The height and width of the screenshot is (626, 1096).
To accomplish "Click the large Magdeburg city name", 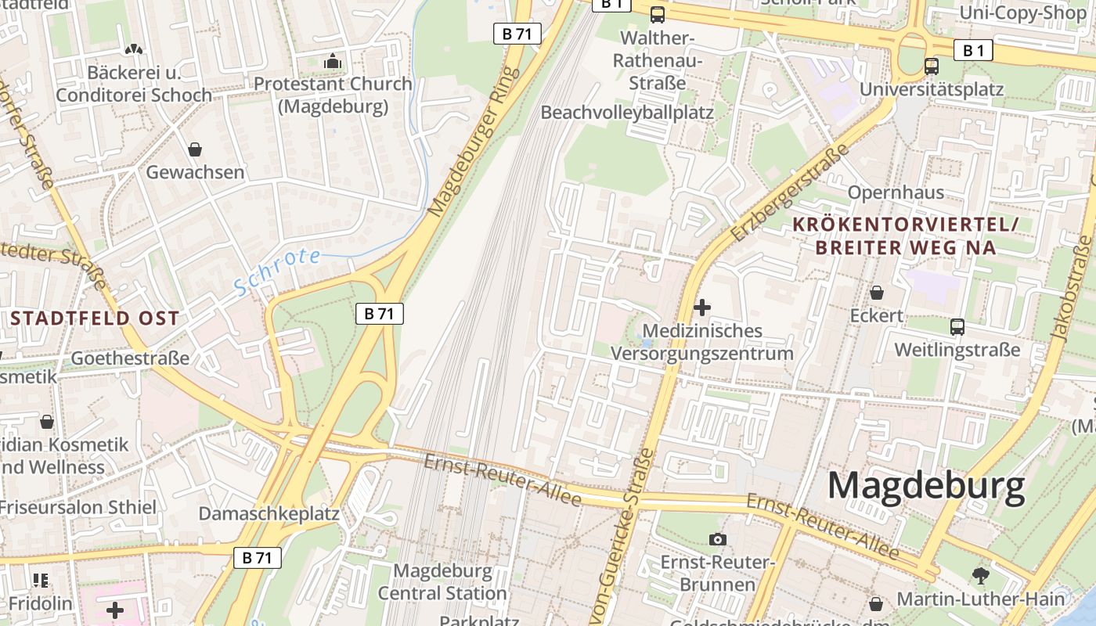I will (x=926, y=486).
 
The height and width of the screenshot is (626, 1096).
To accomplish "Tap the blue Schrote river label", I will (x=278, y=271).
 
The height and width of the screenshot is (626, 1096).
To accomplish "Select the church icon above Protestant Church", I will (x=333, y=61).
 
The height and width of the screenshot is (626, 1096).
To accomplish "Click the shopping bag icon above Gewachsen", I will (x=194, y=149).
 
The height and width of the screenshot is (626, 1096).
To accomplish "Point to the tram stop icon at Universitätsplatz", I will (x=931, y=67).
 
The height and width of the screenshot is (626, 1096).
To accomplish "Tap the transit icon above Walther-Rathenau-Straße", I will (x=658, y=14).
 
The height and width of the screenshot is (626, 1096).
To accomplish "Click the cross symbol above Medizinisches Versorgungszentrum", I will (x=702, y=308).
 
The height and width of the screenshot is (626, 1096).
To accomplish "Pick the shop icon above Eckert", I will (x=877, y=293).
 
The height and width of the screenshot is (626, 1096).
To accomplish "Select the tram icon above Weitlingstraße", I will (x=957, y=326).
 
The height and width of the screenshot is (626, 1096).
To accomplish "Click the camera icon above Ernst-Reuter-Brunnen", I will (x=717, y=539).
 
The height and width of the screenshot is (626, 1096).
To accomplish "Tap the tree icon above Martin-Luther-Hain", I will (x=980, y=577).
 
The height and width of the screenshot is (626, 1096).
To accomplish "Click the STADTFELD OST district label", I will (x=95, y=318).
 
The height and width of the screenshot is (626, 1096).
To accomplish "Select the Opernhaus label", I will (x=896, y=192).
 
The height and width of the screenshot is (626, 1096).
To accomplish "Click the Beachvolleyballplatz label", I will (x=627, y=113).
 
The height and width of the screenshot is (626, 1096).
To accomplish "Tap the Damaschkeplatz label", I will (x=269, y=514).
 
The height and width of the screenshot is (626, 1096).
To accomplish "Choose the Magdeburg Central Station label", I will (x=442, y=582).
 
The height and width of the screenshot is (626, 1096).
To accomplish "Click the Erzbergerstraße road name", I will (x=789, y=192).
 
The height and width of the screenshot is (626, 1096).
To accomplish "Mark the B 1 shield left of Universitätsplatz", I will (x=973, y=51).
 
